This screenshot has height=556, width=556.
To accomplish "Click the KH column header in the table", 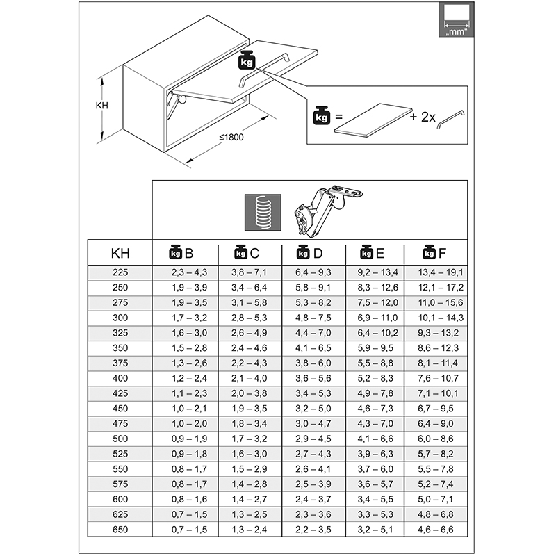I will (120, 253).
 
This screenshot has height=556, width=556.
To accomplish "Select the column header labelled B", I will (182, 253).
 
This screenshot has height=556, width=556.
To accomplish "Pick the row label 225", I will (120, 272).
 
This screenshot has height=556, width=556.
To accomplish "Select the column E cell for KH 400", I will (377, 379).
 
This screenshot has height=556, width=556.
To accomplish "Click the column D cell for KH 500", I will (313, 440).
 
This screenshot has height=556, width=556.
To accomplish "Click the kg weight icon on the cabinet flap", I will (247, 60).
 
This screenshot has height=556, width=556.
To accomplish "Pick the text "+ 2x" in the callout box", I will (423, 117).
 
